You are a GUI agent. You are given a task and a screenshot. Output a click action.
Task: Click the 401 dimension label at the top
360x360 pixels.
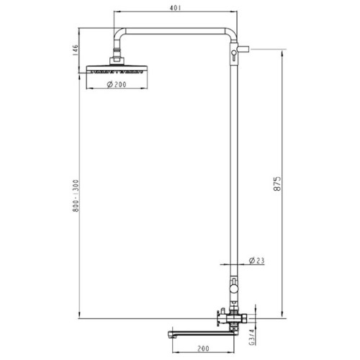(x=175, y=8)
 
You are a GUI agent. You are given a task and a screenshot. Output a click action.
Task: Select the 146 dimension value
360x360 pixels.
(x=75, y=50)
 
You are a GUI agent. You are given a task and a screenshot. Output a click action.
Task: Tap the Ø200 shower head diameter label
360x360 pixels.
(x=117, y=84)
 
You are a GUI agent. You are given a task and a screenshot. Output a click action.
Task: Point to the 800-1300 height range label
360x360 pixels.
(x=76, y=196)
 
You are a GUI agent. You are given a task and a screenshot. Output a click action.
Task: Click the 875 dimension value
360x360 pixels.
(x=277, y=184)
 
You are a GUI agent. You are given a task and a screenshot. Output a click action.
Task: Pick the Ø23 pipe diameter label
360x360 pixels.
(x=256, y=261)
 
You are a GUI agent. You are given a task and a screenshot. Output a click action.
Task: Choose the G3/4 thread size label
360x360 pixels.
(x=251, y=337)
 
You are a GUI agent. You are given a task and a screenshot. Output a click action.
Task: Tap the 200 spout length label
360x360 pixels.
(x=203, y=348)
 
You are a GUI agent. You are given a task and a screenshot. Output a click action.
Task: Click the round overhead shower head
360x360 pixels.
(x=117, y=69)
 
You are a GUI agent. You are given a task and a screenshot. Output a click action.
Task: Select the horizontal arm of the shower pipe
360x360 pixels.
(x=175, y=32)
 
